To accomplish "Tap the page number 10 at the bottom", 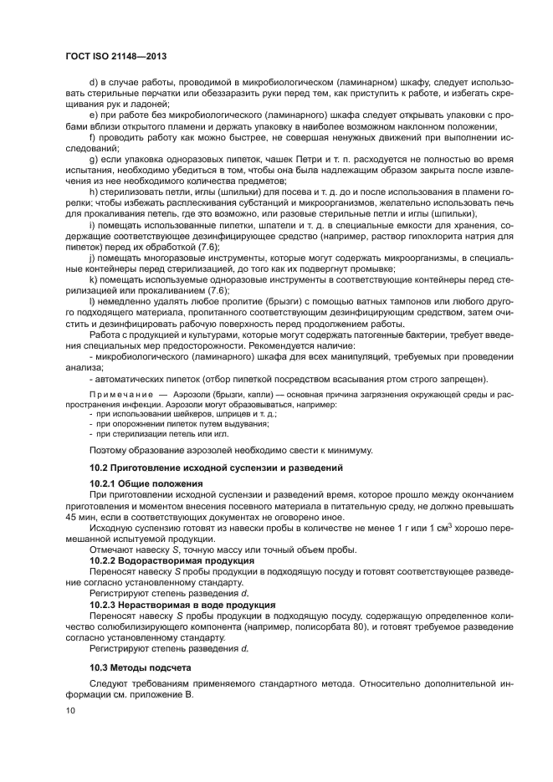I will (x=71, y=711).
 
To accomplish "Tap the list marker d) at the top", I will (x=94, y=84).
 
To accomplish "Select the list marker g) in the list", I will (x=94, y=159).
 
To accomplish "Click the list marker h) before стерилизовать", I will (x=94, y=194).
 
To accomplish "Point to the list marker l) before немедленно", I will (x=93, y=300).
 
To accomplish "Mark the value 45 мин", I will (x=84, y=517).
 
